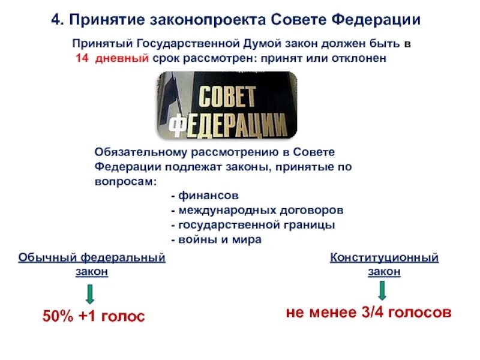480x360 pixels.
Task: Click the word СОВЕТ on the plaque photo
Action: [227, 97]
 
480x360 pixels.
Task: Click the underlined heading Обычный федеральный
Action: [92, 257]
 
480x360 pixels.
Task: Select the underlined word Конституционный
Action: [384, 257]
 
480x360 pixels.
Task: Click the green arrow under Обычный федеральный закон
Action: [89, 293]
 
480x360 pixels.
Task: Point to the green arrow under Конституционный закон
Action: [383, 290]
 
